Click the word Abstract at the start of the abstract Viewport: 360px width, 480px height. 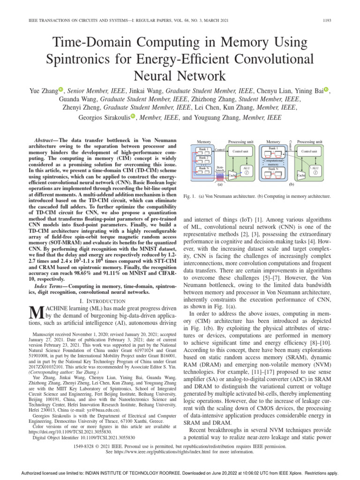pos(46,141)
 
